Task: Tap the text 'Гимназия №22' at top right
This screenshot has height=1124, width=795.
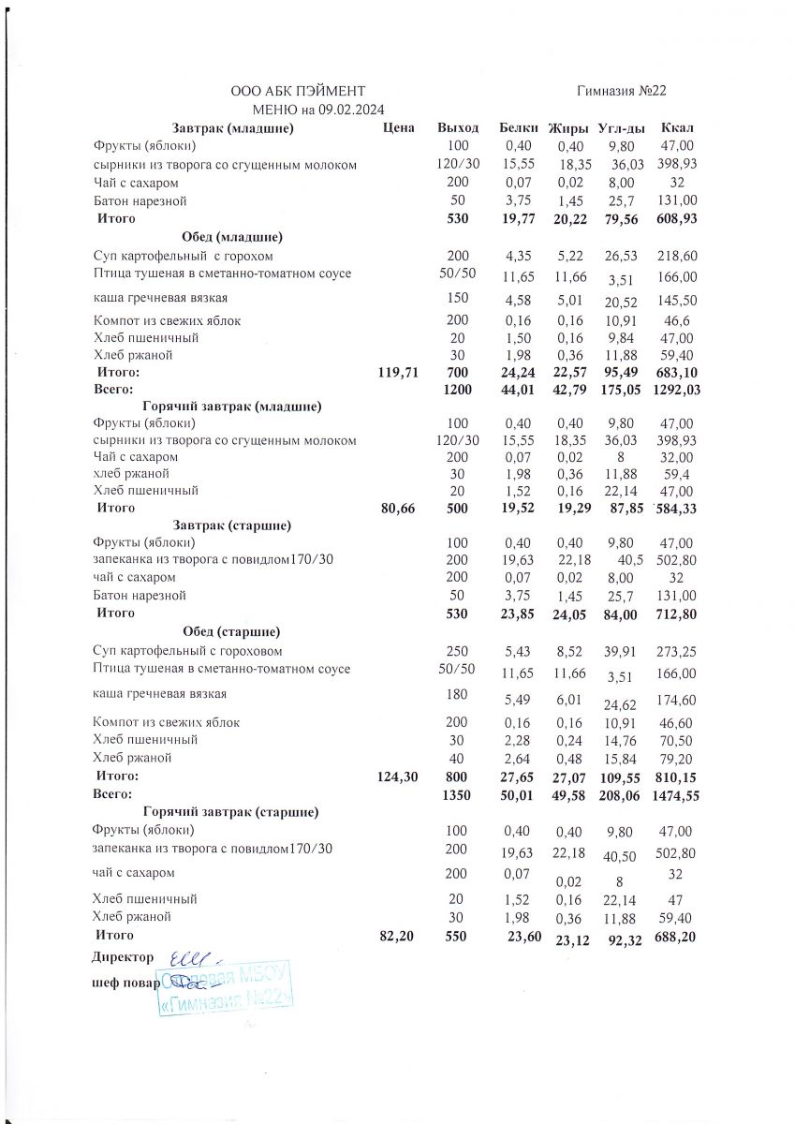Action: [622, 91]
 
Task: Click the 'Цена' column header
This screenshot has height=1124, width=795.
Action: [399, 127]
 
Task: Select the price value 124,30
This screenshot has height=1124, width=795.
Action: [397, 776]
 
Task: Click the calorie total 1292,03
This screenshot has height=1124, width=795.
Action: [675, 389]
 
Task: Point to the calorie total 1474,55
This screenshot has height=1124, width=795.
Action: [675, 794]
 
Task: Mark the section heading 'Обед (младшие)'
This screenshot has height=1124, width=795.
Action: [233, 236]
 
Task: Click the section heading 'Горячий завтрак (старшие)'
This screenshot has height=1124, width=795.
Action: [230, 811]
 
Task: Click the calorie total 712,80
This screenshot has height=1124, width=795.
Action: [676, 614]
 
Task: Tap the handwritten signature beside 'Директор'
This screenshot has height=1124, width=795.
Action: [191, 959]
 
